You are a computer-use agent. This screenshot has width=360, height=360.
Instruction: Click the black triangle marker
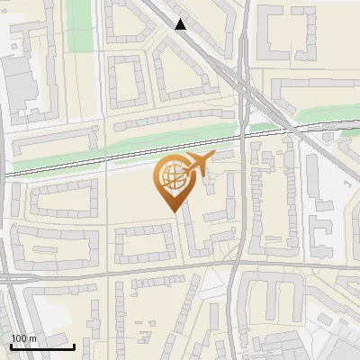181,24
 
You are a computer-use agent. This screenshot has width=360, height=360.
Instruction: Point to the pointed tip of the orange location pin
170,211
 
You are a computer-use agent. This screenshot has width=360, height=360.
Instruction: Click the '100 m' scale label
23,338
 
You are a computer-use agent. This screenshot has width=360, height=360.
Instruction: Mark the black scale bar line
42,346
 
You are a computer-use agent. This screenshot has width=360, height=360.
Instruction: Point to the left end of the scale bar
11,346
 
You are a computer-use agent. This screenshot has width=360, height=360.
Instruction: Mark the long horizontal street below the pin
117,270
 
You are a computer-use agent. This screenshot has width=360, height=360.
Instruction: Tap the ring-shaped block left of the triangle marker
127,81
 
